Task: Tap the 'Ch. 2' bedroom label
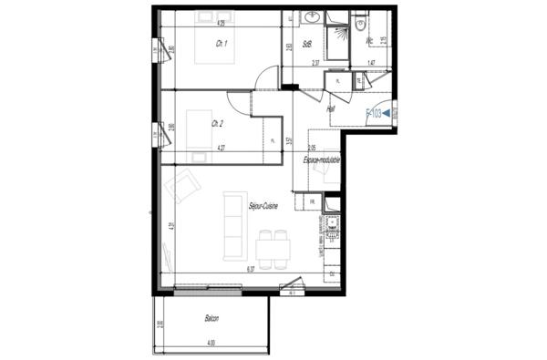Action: [x=217, y=123]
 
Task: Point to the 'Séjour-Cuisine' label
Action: [x=263, y=207]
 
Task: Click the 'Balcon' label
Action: [x=212, y=320]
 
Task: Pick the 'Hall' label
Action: [x=330, y=108]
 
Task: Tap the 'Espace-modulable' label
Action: [x=322, y=159]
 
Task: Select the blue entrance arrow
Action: [x=387, y=113]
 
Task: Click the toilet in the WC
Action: [x=362, y=25]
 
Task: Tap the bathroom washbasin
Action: [x=311, y=17]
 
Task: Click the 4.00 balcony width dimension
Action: [x=212, y=342]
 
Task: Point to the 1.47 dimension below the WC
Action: [x=371, y=63]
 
